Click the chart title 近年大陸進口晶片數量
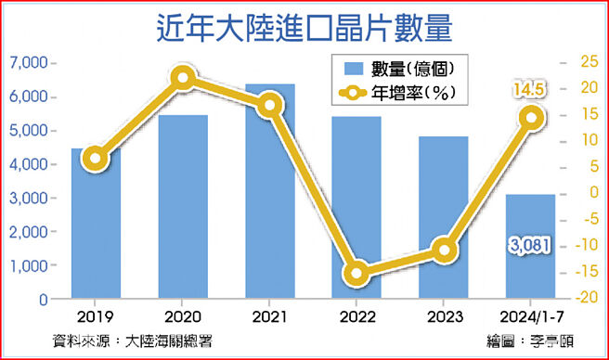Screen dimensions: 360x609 pyautogui.click(x=304, y=29)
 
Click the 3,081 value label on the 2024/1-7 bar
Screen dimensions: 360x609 pyautogui.click(x=531, y=245)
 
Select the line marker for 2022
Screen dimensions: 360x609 pyautogui.click(x=356, y=274)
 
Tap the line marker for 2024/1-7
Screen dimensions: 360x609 pyautogui.click(x=531, y=117)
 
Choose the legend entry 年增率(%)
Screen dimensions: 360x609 pyautogui.click(x=400, y=93)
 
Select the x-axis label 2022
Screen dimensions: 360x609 pyautogui.click(x=357, y=317)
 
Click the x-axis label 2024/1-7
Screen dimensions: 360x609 pyautogui.click(x=531, y=317)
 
